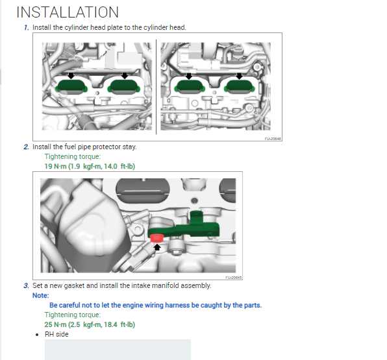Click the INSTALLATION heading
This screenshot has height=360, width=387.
68,12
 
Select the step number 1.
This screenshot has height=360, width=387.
27,27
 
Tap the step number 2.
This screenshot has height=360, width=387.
27,147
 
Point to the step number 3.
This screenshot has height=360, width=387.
27,285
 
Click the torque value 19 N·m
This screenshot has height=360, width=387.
57,166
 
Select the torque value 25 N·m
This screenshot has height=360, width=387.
57,324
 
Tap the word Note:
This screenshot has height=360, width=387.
40,295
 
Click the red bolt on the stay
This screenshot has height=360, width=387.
156,238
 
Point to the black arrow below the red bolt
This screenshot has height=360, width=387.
156,248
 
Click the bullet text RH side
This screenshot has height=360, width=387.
56,335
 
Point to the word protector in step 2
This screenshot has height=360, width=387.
100,147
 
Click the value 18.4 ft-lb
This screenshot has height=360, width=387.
119,324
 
